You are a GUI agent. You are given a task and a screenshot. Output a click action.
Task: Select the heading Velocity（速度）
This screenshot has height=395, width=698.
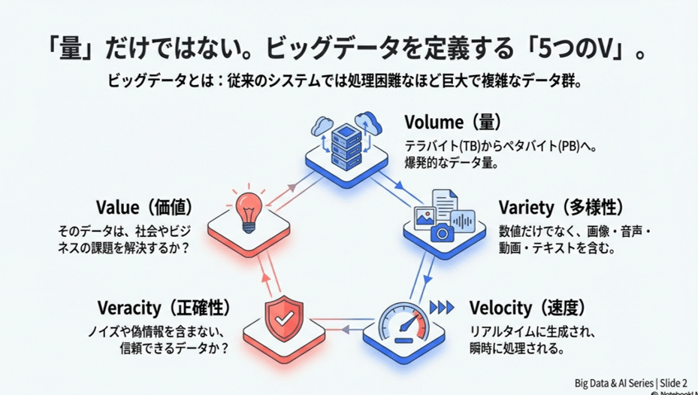[x=526, y=308]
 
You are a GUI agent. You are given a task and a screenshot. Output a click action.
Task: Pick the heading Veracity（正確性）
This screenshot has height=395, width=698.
[x=163, y=308]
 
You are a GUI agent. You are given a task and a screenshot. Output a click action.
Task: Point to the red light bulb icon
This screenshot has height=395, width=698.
[x=248, y=211]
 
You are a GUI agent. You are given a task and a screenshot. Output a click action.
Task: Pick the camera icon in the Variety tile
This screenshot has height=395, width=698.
[x=443, y=232]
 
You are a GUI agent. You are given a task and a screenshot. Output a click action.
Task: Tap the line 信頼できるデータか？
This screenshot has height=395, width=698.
[x=174, y=348]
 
